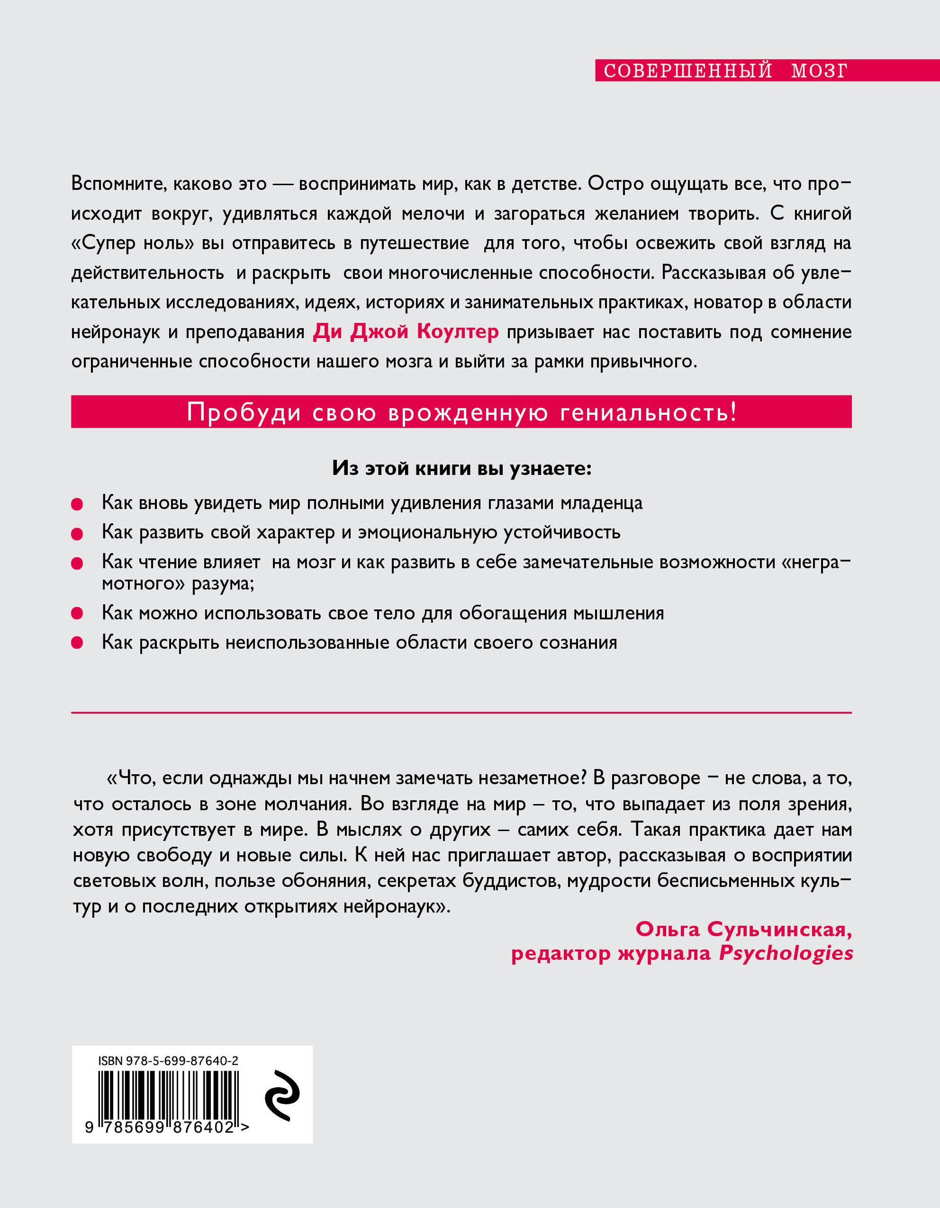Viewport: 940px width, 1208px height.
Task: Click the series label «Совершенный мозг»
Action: (725, 72)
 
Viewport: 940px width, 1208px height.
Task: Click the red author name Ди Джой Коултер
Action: (406, 332)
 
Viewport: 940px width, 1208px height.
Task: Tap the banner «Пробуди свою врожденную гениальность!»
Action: (461, 412)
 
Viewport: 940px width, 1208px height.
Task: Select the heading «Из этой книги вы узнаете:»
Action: (461, 468)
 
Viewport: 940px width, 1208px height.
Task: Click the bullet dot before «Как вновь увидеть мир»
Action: (77, 504)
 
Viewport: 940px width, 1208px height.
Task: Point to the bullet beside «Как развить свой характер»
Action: (77, 534)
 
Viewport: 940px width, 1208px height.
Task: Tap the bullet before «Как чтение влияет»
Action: (77, 563)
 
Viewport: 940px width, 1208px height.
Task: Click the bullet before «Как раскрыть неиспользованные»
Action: (77, 643)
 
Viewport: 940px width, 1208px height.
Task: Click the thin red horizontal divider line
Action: (461, 713)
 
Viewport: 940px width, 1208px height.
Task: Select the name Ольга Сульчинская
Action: (743, 929)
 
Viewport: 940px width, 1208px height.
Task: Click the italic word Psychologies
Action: (786, 954)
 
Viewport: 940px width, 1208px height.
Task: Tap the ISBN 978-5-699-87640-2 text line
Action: (168, 1060)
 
